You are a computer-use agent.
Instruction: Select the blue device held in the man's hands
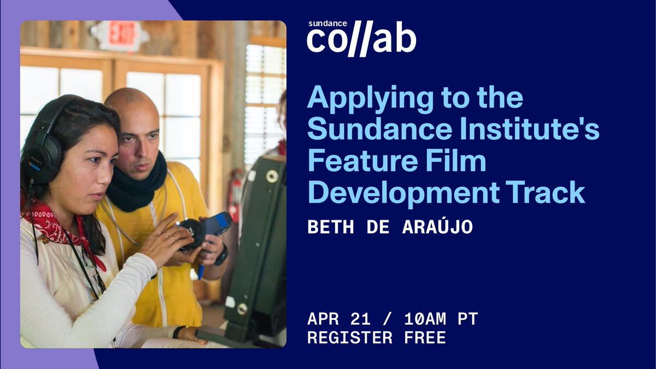coord(218,224)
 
